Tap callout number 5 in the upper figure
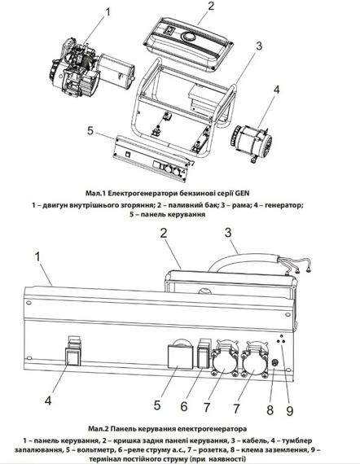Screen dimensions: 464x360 pos(92,131)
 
